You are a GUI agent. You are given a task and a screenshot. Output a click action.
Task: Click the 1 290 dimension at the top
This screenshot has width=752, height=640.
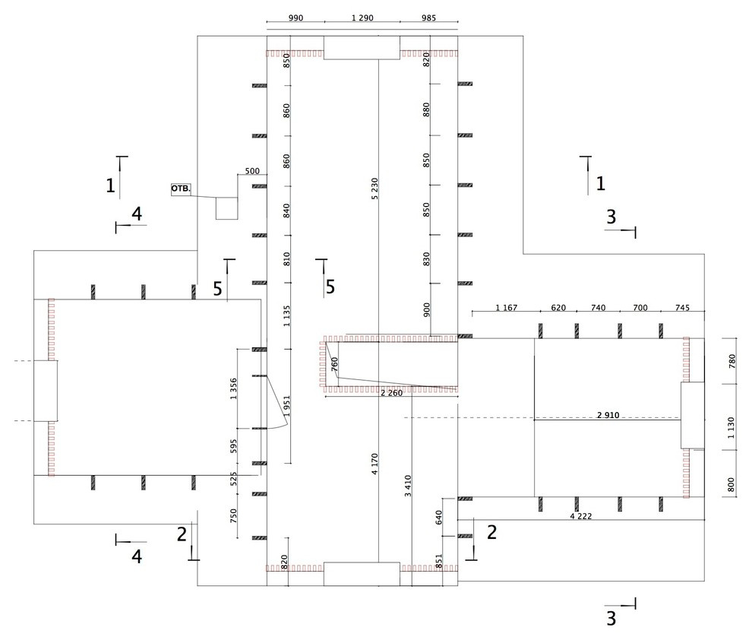362,17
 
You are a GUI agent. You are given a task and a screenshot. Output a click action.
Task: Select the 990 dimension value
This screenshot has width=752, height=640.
296,17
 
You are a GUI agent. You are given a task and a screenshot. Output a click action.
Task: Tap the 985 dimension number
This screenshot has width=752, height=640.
428,17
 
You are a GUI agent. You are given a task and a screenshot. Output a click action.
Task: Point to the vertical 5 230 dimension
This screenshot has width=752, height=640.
374,189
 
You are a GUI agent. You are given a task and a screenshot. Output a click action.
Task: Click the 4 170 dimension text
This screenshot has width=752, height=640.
374,464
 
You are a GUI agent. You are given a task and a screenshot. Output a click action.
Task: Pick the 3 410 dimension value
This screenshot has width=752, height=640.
408,486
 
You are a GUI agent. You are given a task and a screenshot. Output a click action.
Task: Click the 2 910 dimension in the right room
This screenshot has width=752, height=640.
608,415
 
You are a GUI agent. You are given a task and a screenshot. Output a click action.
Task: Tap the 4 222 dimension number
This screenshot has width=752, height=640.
581,516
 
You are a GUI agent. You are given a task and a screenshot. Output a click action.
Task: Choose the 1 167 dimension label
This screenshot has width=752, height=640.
507,308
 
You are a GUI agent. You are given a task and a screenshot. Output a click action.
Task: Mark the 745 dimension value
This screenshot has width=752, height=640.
682,308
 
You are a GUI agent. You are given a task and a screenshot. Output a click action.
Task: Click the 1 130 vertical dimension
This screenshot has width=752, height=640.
731,427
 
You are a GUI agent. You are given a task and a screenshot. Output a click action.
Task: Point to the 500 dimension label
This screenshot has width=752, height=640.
252,171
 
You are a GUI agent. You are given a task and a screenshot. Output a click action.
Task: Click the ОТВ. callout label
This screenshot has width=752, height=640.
181,189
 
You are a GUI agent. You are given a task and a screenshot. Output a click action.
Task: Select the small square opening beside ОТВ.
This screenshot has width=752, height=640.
226,208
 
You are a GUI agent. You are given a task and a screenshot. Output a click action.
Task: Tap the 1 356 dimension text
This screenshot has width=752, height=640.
233,389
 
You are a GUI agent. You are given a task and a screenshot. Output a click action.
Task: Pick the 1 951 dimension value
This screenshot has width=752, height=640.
286,406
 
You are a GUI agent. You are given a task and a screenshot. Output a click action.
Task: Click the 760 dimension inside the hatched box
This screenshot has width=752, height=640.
335,363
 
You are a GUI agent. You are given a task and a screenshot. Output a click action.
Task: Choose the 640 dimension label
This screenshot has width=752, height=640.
439,517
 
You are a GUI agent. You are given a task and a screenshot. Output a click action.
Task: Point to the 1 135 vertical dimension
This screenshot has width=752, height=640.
286,316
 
